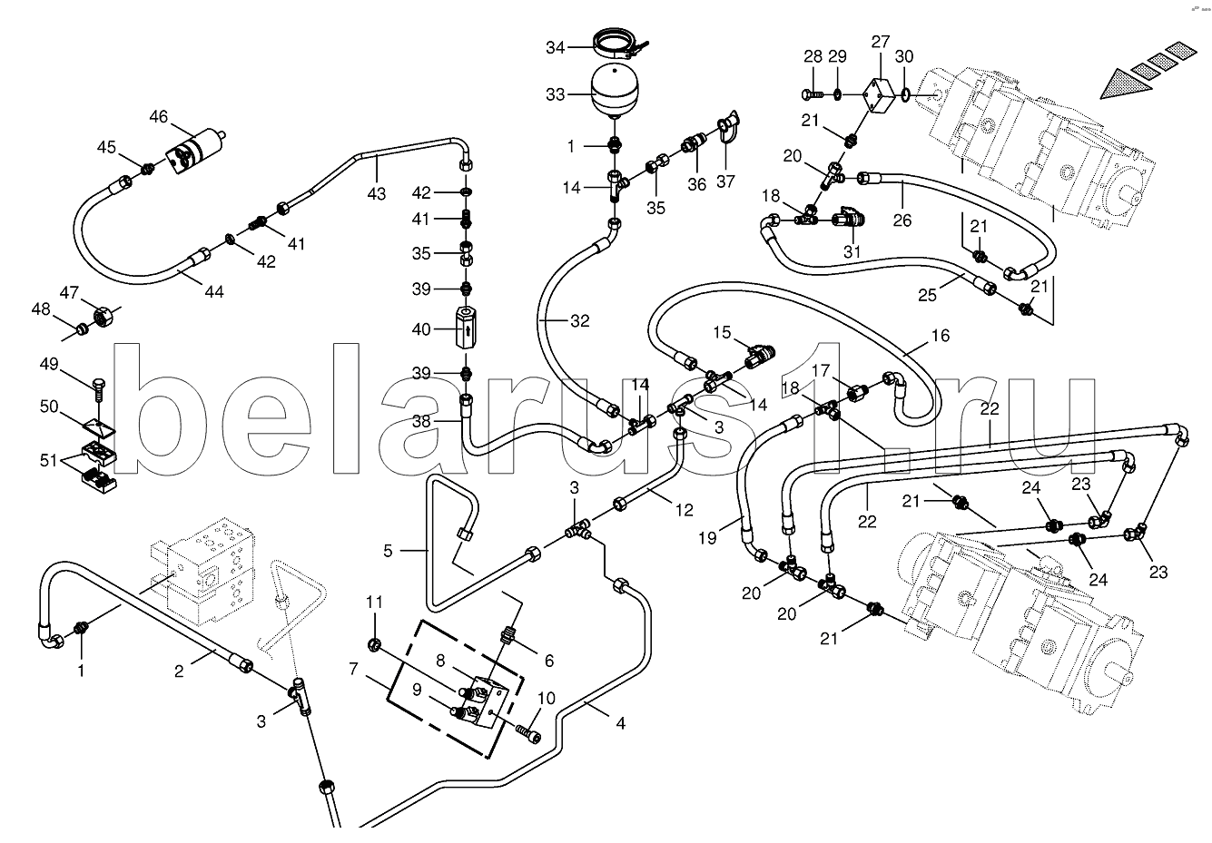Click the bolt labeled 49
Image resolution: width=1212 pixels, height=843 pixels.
97,386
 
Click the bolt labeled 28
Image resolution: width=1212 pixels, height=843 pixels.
811,93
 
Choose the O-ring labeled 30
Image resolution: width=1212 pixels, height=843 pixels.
906,93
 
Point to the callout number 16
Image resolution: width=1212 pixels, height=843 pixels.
940,336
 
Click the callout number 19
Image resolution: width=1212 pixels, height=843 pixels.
707,538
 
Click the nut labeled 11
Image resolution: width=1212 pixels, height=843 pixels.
373,645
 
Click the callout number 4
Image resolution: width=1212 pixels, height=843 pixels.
620,724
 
